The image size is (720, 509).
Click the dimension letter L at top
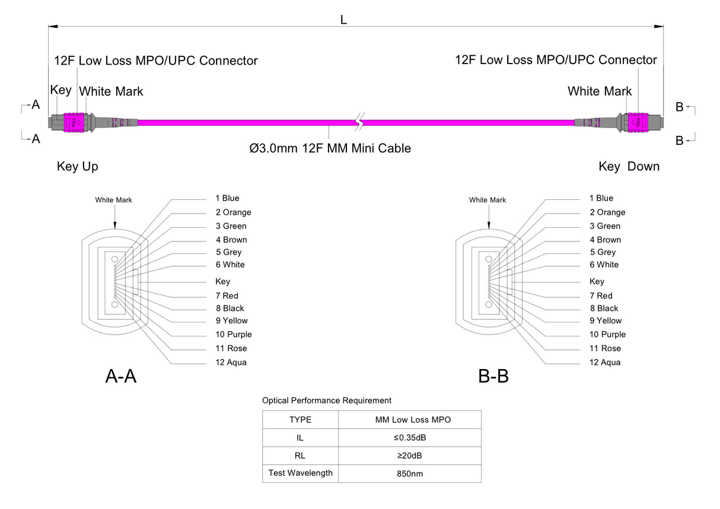pos(343,20)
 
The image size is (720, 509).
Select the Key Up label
pos(78,167)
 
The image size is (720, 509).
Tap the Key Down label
pos(629,167)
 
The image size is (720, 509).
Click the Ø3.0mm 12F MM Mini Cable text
pos(330,148)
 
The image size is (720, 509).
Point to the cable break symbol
pos(358,123)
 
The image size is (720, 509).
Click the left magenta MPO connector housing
pos(75,122)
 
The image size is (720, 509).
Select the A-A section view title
pos(121,376)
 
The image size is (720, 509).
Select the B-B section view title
pos(493,376)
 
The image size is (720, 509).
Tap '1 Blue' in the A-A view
pos(227,198)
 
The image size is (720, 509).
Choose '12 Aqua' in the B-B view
pos(604,362)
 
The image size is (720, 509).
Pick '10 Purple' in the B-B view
pos(607,335)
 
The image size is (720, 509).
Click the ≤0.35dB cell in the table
pos(409,438)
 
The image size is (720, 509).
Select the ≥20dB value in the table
pos(409,456)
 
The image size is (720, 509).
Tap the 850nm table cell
pos(409,474)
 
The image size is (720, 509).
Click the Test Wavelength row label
pos(300,473)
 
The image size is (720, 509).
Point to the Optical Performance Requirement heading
pos(327,400)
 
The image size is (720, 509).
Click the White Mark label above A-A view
pos(113,200)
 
